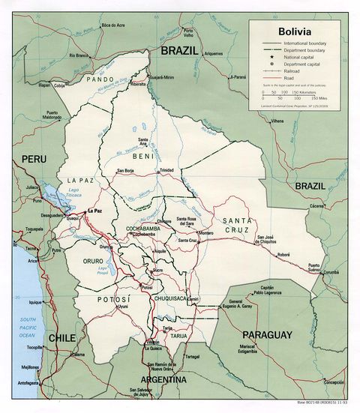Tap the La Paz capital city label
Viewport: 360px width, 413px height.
[94, 211]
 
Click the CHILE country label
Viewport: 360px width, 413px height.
[61, 338]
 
